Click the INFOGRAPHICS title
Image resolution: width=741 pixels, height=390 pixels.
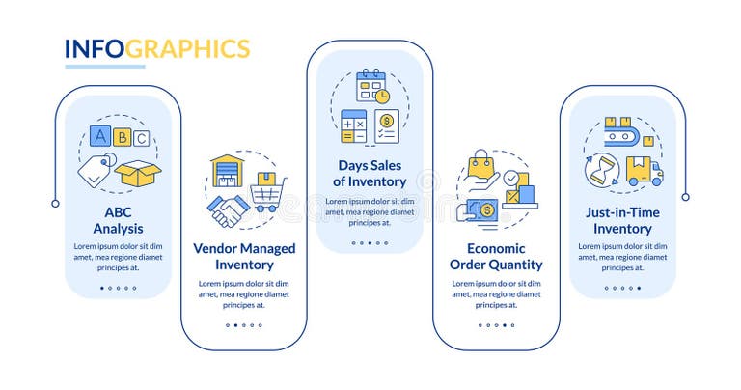[x=157, y=49]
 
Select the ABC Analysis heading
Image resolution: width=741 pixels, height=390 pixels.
[x=118, y=221]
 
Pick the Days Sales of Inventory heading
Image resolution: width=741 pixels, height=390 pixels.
[x=370, y=173]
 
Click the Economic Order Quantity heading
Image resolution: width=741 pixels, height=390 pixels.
[x=496, y=256]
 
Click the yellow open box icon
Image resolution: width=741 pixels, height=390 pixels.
[x=137, y=173]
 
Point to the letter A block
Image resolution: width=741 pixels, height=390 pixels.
[x=100, y=136]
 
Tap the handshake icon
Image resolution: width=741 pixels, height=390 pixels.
[x=229, y=210]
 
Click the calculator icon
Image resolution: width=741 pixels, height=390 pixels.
[x=354, y=126]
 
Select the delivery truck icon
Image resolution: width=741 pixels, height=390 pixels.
[x=644, y=172]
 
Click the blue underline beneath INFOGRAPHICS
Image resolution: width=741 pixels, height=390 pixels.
[x=104, y=67]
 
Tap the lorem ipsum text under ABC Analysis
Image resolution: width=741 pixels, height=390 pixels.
[x=118, y=257]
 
